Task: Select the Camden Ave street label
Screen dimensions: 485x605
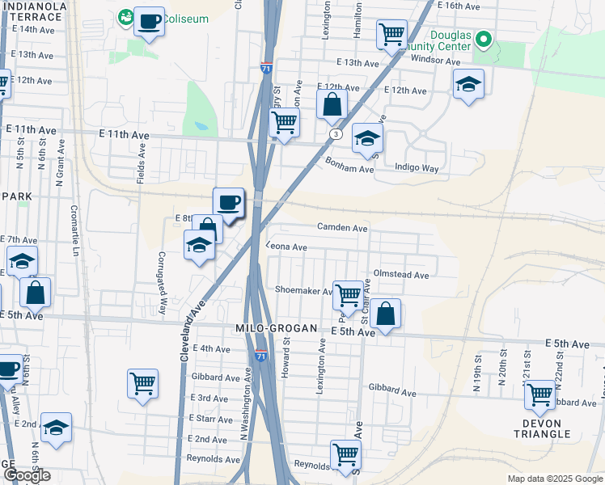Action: coord(342,228)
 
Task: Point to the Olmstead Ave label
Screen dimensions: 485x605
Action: coord(400,275)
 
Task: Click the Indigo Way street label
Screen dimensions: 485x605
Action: coord(416,168)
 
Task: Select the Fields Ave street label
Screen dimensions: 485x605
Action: coord(141,163)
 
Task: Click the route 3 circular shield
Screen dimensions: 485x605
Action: coord(335,133)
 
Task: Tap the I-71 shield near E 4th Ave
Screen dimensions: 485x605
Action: coord(260,355)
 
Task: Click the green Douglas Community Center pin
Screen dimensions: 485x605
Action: coord(483,39)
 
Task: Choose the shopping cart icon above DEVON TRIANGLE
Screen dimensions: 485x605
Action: coord(539,394)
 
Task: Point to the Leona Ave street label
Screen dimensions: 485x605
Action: coord(288,247)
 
